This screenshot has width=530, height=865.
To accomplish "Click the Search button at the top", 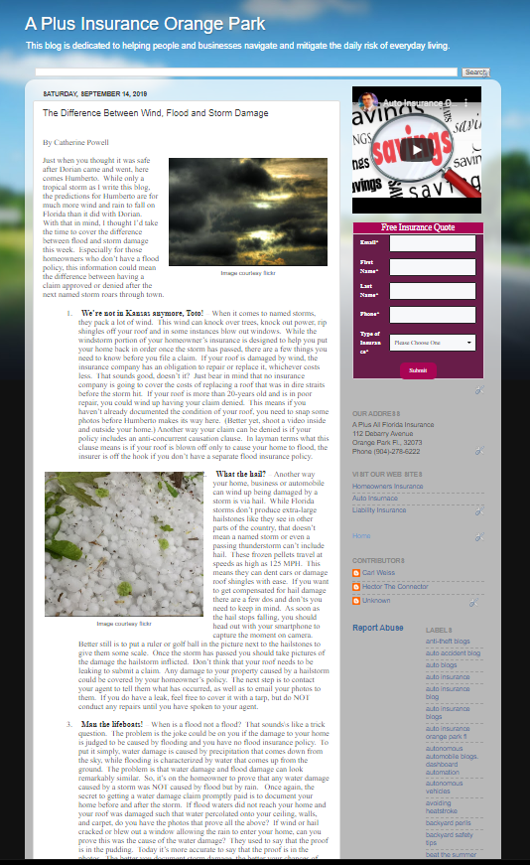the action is pos(475,72).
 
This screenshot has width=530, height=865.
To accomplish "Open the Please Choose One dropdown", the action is pos(433,343).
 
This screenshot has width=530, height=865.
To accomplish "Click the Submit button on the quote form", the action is pos(418,369).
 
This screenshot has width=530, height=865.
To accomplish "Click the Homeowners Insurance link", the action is pos(387,487).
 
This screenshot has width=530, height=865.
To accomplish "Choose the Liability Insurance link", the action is pos(379,510).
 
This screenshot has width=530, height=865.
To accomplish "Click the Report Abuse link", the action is pos(378,628).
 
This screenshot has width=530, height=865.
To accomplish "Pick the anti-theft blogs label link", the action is pos(450,642).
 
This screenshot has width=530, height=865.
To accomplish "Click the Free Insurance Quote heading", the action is pos(418,227).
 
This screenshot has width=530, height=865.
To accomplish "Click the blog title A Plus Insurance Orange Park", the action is pos(145,23).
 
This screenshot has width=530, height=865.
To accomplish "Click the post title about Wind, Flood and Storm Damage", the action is pos(155,113).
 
